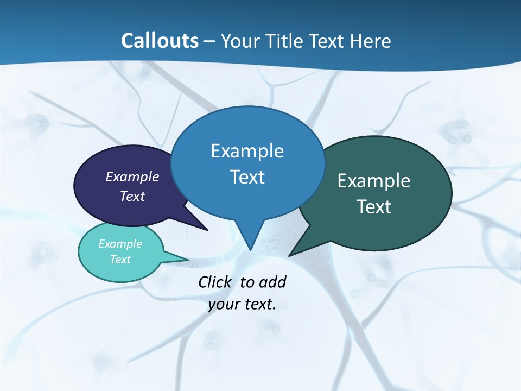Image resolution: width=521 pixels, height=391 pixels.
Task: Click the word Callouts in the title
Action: [160, 41]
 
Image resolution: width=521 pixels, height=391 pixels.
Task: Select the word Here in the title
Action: [371, 41]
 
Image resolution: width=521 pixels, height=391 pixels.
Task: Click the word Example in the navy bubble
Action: [132, 176]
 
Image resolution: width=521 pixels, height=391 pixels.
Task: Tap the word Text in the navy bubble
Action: [132, 196]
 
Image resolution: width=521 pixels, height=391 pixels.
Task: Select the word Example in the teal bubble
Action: [120, 244]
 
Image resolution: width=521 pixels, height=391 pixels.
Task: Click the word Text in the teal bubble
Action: [120, 260]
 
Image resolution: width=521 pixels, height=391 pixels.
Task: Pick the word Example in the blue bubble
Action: [247, 151]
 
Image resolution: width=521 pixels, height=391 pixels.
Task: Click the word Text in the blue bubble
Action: [247, 177]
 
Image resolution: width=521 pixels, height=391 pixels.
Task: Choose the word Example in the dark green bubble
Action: [374, 181]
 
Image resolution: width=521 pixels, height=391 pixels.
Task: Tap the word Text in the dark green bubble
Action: [374, 207]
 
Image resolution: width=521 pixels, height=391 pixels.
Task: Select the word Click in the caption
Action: [215, 282]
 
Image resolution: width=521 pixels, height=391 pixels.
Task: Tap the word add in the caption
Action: [272, 282]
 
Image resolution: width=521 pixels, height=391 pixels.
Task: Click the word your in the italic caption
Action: [223, 305]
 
